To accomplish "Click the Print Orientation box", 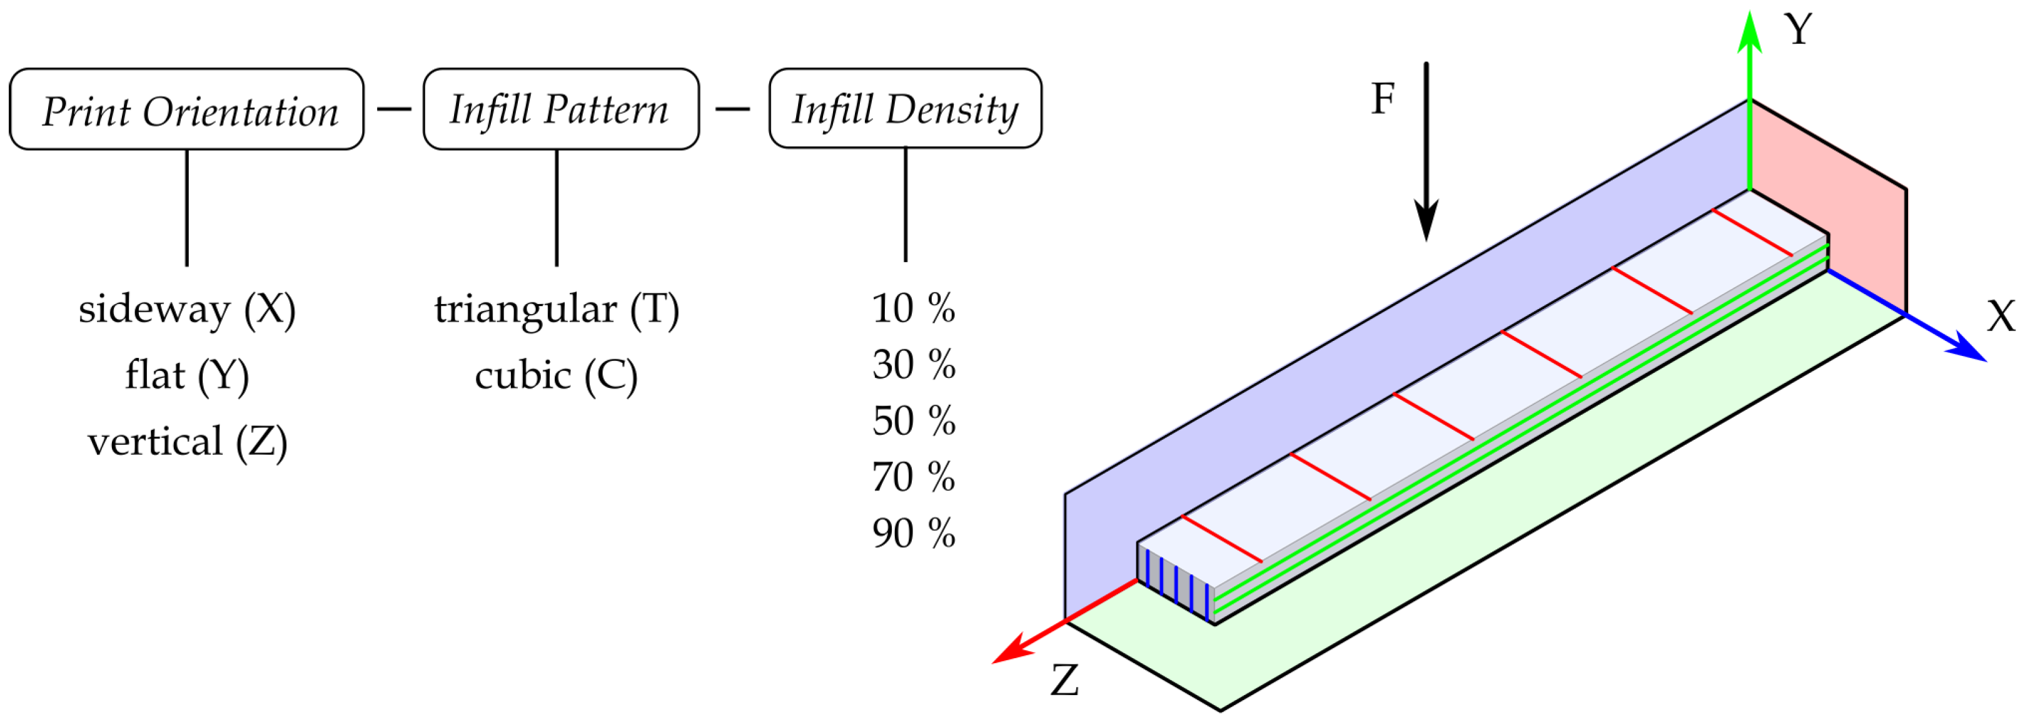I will pyautogui.click(x=186, y=109).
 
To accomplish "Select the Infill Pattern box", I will pyautogui.click(x=560, y=109).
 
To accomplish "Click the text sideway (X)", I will pyautogui.click(x=187, y=309).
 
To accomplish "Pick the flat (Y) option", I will pyautogui.click(x=187, y=375).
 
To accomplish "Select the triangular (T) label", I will pyautogui.click(x=557, y=309).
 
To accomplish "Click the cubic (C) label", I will pyautogui.click(x=556, y=375).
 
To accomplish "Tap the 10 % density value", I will pyautogui.click(x=914, y=308).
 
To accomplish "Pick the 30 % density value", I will pyautogui.click(x=914, y=364).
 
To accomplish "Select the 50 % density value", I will pyautogui.click(x=914, y=421).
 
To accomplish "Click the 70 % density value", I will pyautogui.click(x=914, y=477).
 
